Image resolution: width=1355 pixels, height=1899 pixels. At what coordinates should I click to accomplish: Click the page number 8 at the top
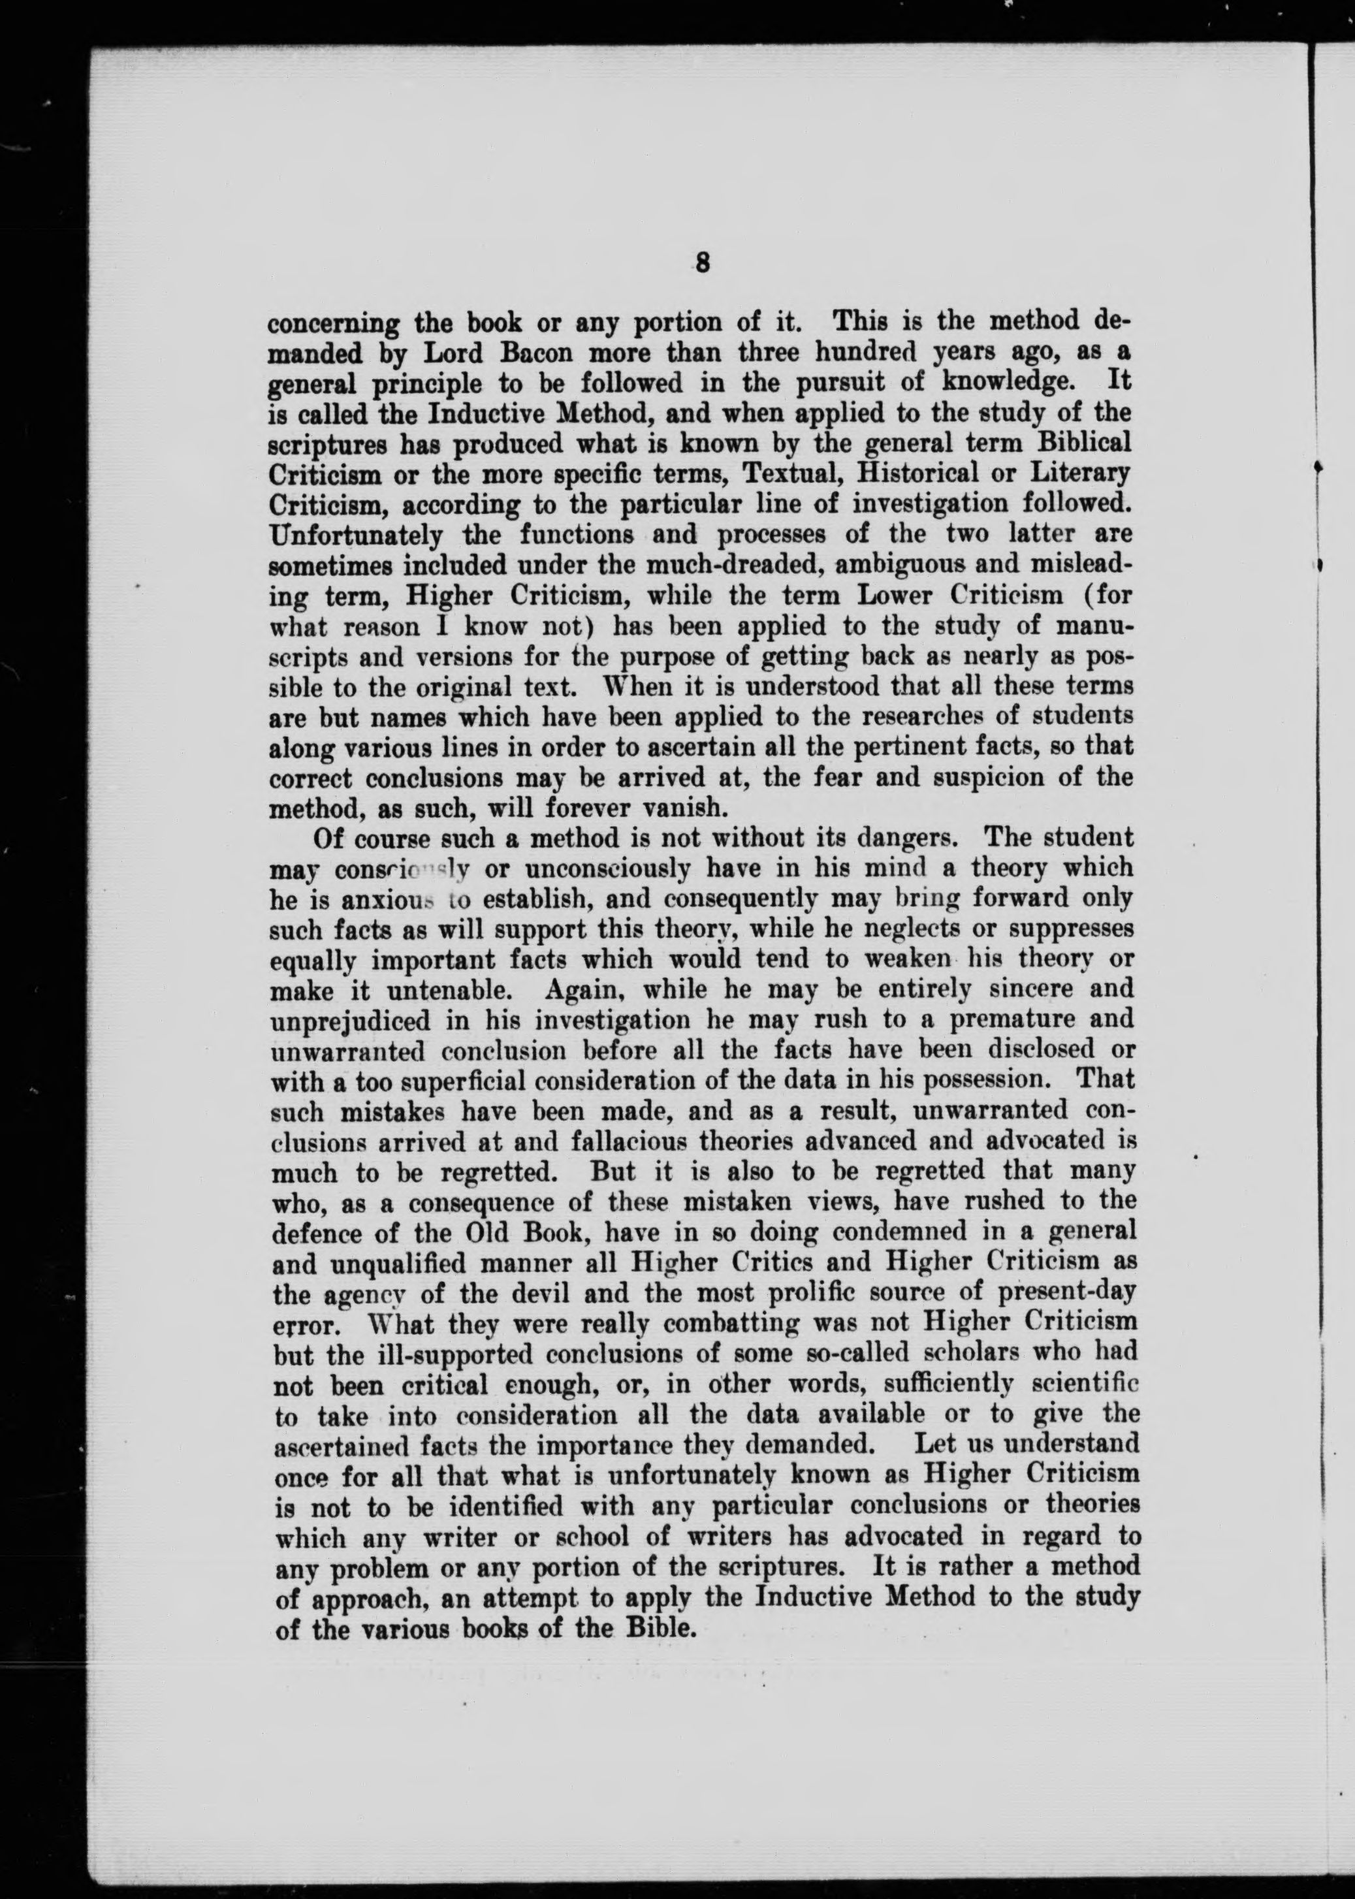702,264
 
